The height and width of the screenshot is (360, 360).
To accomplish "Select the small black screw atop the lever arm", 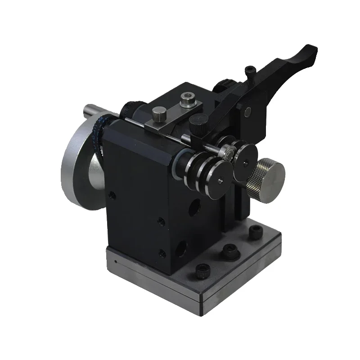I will click(x=250, y=71).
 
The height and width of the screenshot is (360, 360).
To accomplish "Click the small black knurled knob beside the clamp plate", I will click(x=197, y=121).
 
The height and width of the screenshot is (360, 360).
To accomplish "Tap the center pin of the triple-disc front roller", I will click(x=220, y=181).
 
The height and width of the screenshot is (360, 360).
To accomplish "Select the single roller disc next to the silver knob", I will click(x=247, y=162).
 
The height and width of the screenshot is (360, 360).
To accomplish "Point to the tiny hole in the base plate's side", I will click(x=116, y=261).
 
